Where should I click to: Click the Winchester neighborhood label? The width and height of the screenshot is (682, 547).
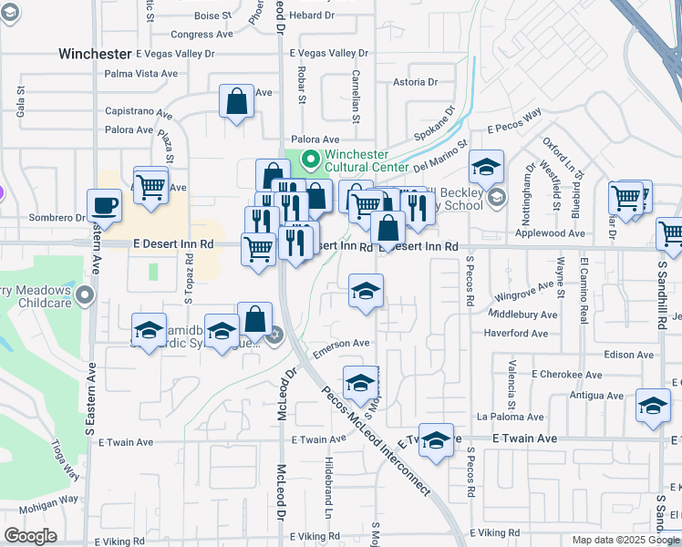(94, 54)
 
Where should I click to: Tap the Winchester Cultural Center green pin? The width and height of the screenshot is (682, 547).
(310, 162)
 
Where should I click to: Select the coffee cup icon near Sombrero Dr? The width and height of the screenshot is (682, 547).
(105, 205)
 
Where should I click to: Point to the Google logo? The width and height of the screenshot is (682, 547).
(30, 536)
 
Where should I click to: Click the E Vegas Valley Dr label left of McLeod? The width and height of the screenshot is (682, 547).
(175, 54)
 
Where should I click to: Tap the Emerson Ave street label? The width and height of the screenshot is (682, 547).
(341, 344)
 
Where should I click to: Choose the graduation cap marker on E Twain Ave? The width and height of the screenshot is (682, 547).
(437, 440)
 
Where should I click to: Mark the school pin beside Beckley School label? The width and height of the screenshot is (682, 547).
(496, 196)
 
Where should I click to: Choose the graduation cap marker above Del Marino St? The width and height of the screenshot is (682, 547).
(486, 167)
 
